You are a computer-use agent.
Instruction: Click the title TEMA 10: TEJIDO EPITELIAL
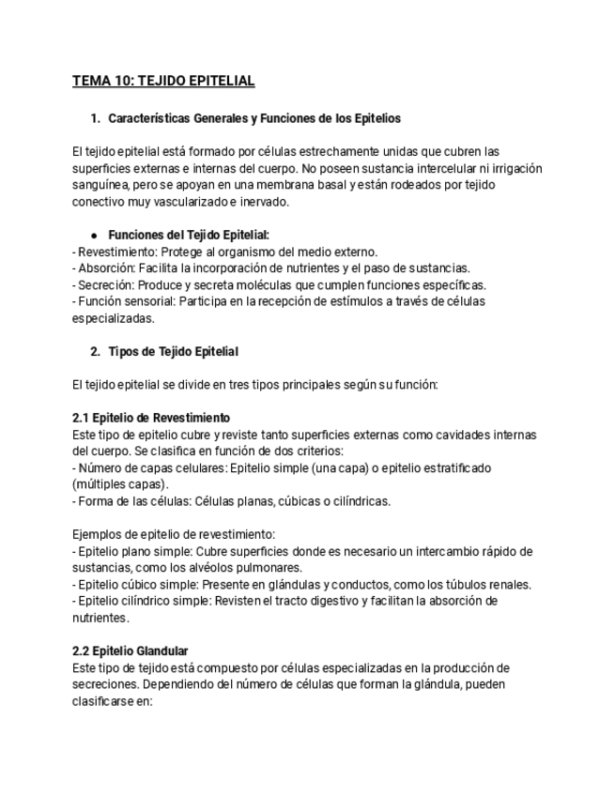[x=163, y=81]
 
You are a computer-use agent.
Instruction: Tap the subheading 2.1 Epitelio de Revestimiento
[x=151, y=418]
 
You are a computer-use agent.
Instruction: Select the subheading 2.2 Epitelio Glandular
[x=131, y=651]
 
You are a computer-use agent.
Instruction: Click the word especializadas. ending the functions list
[x=113, y=318]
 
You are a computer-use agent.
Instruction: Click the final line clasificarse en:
[x=112, y=700]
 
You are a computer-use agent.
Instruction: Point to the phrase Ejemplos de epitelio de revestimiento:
[x=174, y=534]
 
